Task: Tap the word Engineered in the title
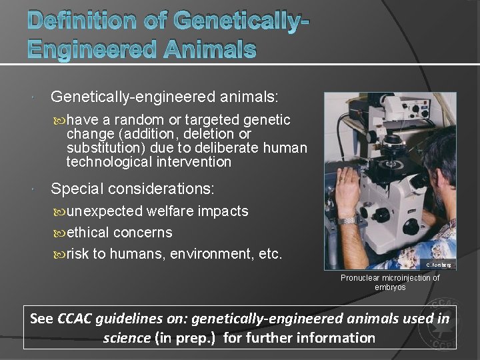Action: point(74,48)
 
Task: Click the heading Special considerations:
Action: point(133,189)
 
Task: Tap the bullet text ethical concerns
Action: point(119,233)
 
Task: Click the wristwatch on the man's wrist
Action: point(347,219)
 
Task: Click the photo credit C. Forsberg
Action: point(437,265)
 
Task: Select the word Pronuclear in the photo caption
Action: point(360,278)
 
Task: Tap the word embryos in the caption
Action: point(390,287)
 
